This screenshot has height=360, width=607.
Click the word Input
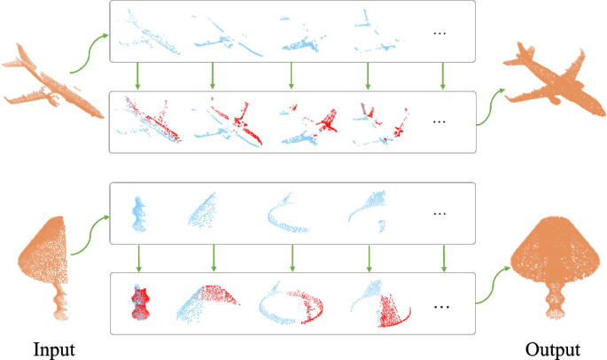pyautogui.click(x=54, y=350)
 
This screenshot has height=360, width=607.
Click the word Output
pyautogui.click(x=552, y=350)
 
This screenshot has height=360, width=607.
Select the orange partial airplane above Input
pyautogui.click(x=52, y=83)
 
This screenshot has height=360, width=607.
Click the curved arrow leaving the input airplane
pyautogui.click(x=89, y=54)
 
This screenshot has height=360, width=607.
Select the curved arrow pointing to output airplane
pyautogui.click(x=491, y=106)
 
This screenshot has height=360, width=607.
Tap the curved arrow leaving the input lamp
pyautogui.click(x=90, y=236)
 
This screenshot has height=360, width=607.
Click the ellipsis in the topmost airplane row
pyautogui.click(x=440, y=34)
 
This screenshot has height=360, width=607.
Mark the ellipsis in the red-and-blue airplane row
pyautogui.click(x=440, y=122)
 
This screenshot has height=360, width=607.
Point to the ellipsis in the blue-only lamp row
pyautogui.click(x=440, y=214)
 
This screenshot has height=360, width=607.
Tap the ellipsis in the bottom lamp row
pyautogui.click(x=441, y=307)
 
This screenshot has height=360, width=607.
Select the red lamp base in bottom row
pyautogui.click(x=140, y=303)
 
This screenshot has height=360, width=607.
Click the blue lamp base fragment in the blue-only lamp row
pyautogui.click(x=138, y=215)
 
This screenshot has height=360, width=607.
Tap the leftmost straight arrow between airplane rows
pyautogui.click(x=137, y=76)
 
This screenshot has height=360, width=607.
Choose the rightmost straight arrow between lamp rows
pyautogui.click(x=444, y=258)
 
